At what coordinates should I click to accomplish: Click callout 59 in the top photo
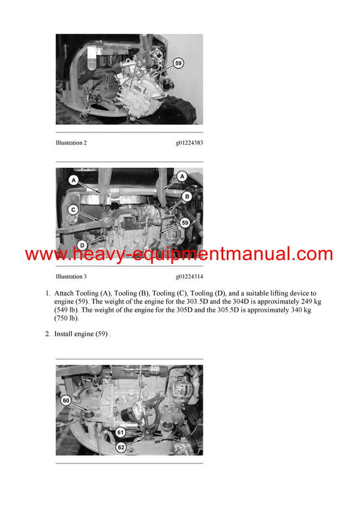(178, 62)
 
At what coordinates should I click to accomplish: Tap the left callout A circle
(73, 179)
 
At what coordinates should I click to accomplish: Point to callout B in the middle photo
(187, 196)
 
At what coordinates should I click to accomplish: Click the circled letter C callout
(73, 210)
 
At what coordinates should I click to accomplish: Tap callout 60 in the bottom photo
(67, 400)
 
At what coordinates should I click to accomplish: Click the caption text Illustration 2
(71, 143)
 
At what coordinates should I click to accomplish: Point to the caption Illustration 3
(71, 276)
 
